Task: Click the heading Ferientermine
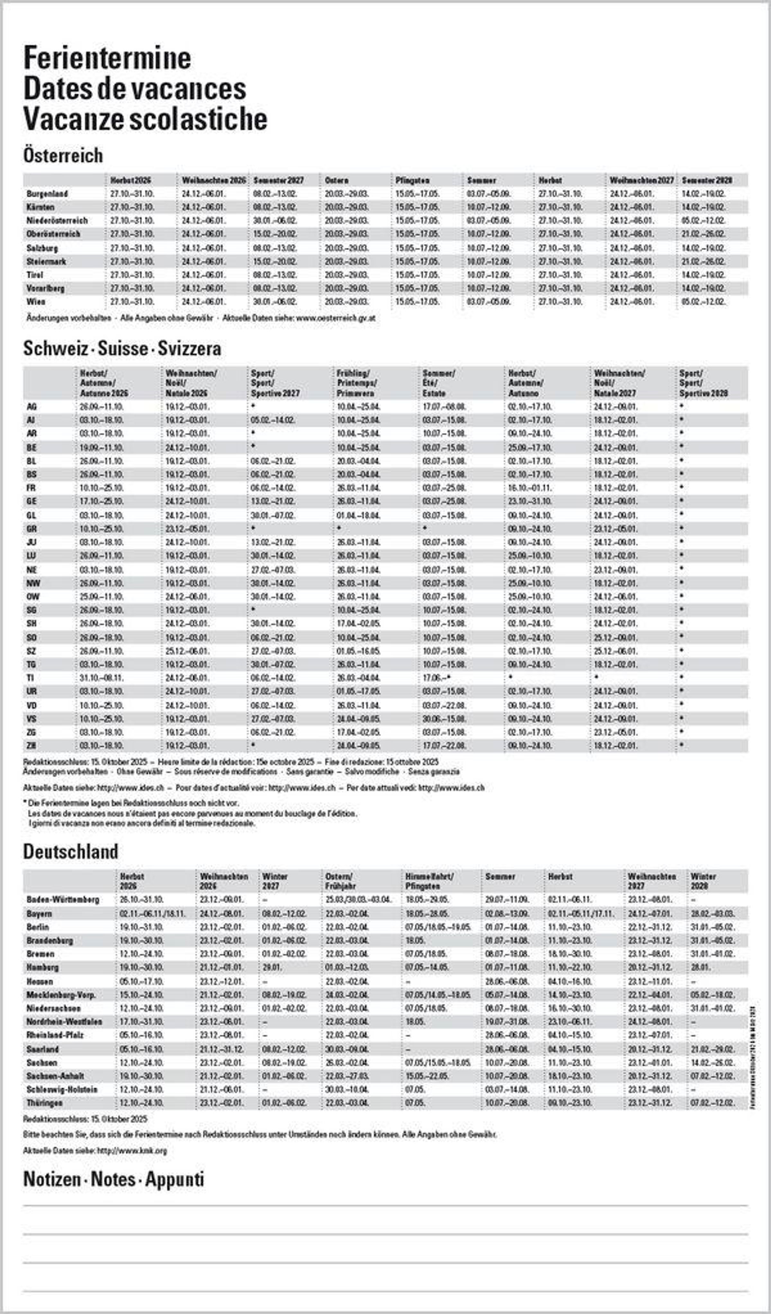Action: pos(107,59)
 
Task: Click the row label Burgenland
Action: pos(47,194)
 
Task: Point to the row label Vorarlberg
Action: pos(45,288)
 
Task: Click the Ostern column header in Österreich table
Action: pos(336,180)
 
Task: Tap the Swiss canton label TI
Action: pos(31,678)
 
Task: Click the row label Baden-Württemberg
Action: pos(63,899)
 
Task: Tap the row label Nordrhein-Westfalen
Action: pos(64,1022)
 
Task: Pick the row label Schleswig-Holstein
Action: pos(61,1089)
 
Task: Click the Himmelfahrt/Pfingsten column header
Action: pos(429,881)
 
